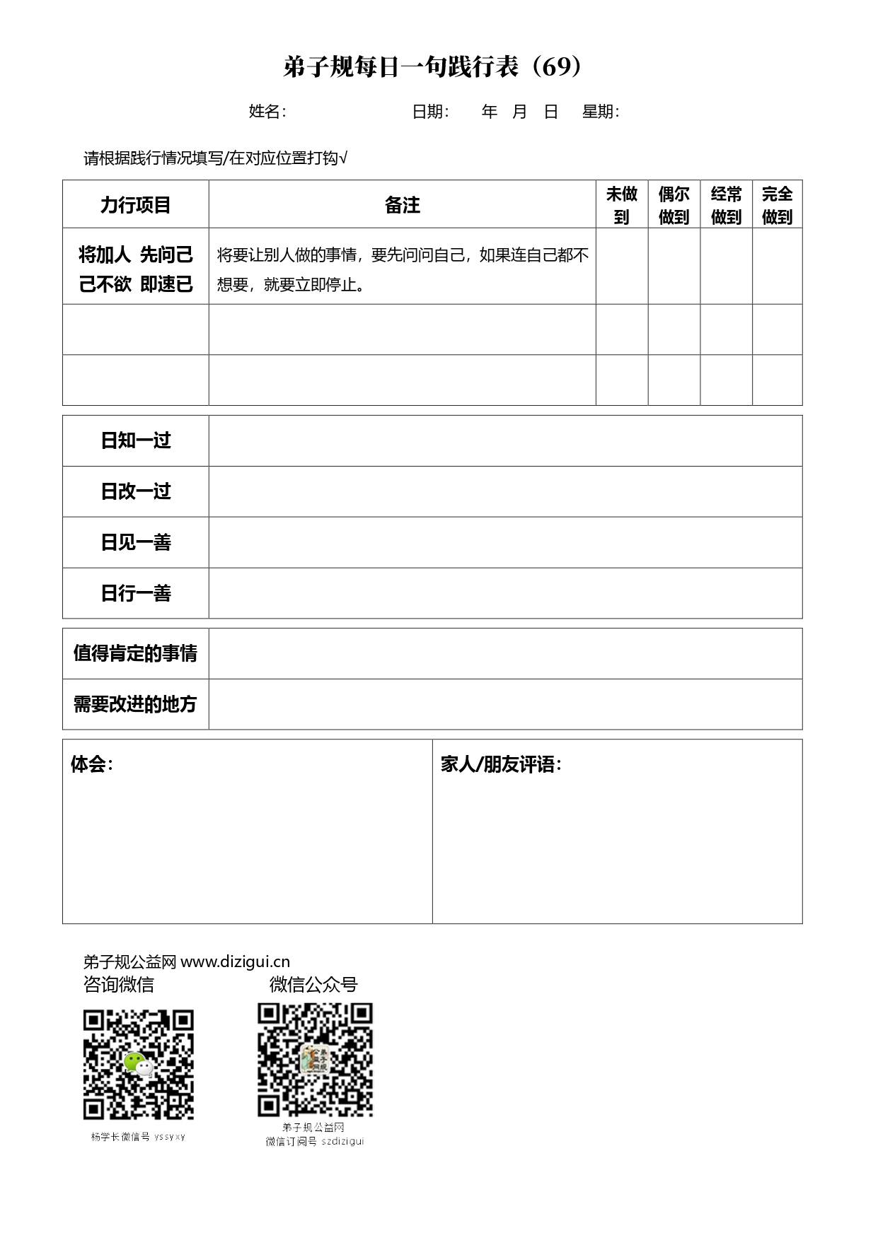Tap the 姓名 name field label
(267, 112)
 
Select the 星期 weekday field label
(600, 112)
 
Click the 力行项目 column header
(136, 205)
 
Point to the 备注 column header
(402, 205)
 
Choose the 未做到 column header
(622, 205)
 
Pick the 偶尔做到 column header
(674, 205)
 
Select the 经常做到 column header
(726, 205)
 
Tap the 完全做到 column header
(777, 205)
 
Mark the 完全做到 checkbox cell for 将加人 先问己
(777, 267)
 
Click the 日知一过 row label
(136, 441)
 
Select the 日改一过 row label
(136, 492)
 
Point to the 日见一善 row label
(136, 543)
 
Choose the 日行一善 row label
(136, 594)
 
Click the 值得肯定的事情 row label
(136, 654)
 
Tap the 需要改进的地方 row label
(136, 705)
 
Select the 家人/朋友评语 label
(500, 764)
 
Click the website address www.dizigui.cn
(236, 962)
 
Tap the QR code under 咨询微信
(139, 1065)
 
